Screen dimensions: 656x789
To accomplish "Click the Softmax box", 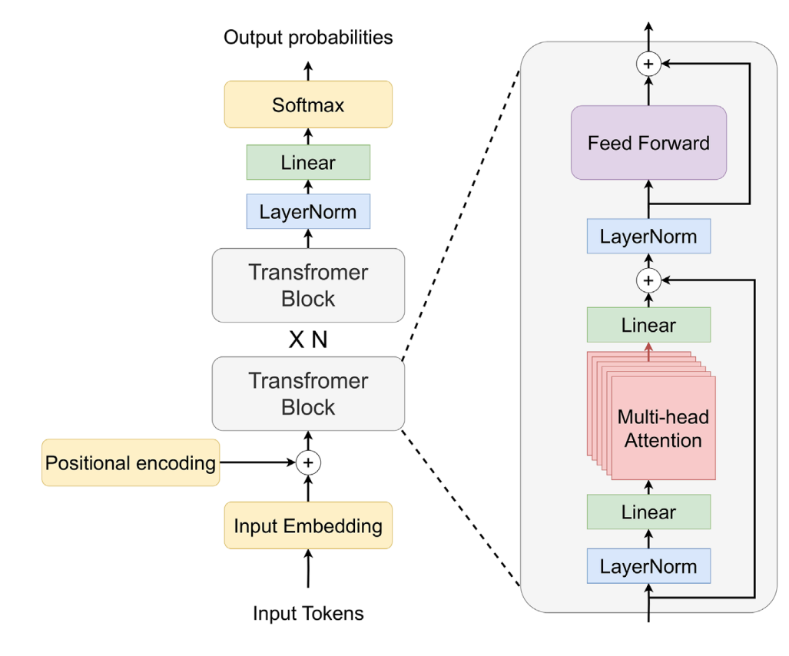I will click(x=308, y=104).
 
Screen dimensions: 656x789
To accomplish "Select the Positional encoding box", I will click(x=131, y=463).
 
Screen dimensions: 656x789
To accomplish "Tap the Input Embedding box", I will click(x=308, y=525).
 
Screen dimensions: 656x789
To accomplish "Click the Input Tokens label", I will click(x=308, y=614).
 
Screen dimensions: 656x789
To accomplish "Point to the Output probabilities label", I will click(x=308, y=37).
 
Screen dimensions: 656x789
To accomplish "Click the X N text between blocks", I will click(x=308, y=340).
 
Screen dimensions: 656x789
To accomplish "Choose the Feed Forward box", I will click(x=648, y=143).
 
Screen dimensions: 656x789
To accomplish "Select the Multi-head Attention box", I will click(x=663, y=429).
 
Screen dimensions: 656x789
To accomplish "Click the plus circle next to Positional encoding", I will click(x=308, y=463).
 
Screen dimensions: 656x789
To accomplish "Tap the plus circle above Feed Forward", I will click(x=648, y=64).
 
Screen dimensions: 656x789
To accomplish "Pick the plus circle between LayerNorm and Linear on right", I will click(x=648, y=280).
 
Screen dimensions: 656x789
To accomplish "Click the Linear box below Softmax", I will click(x=308, y=163).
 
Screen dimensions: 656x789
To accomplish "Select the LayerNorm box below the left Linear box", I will click(x=308, y=211).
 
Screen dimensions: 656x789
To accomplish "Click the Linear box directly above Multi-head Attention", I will click(x=648, y=325).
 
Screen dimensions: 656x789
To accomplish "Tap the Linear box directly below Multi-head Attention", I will click(x=648, y=512).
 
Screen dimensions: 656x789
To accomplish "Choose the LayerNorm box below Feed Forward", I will click(x=648, y=237).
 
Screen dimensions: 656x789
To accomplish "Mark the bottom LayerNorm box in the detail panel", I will click(x=648, y=567).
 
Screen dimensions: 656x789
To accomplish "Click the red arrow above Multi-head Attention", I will click(x=648, y=352).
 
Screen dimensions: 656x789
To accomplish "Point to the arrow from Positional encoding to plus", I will click(x=257, y=463).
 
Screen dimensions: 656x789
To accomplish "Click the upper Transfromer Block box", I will click(x=308, y=285).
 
